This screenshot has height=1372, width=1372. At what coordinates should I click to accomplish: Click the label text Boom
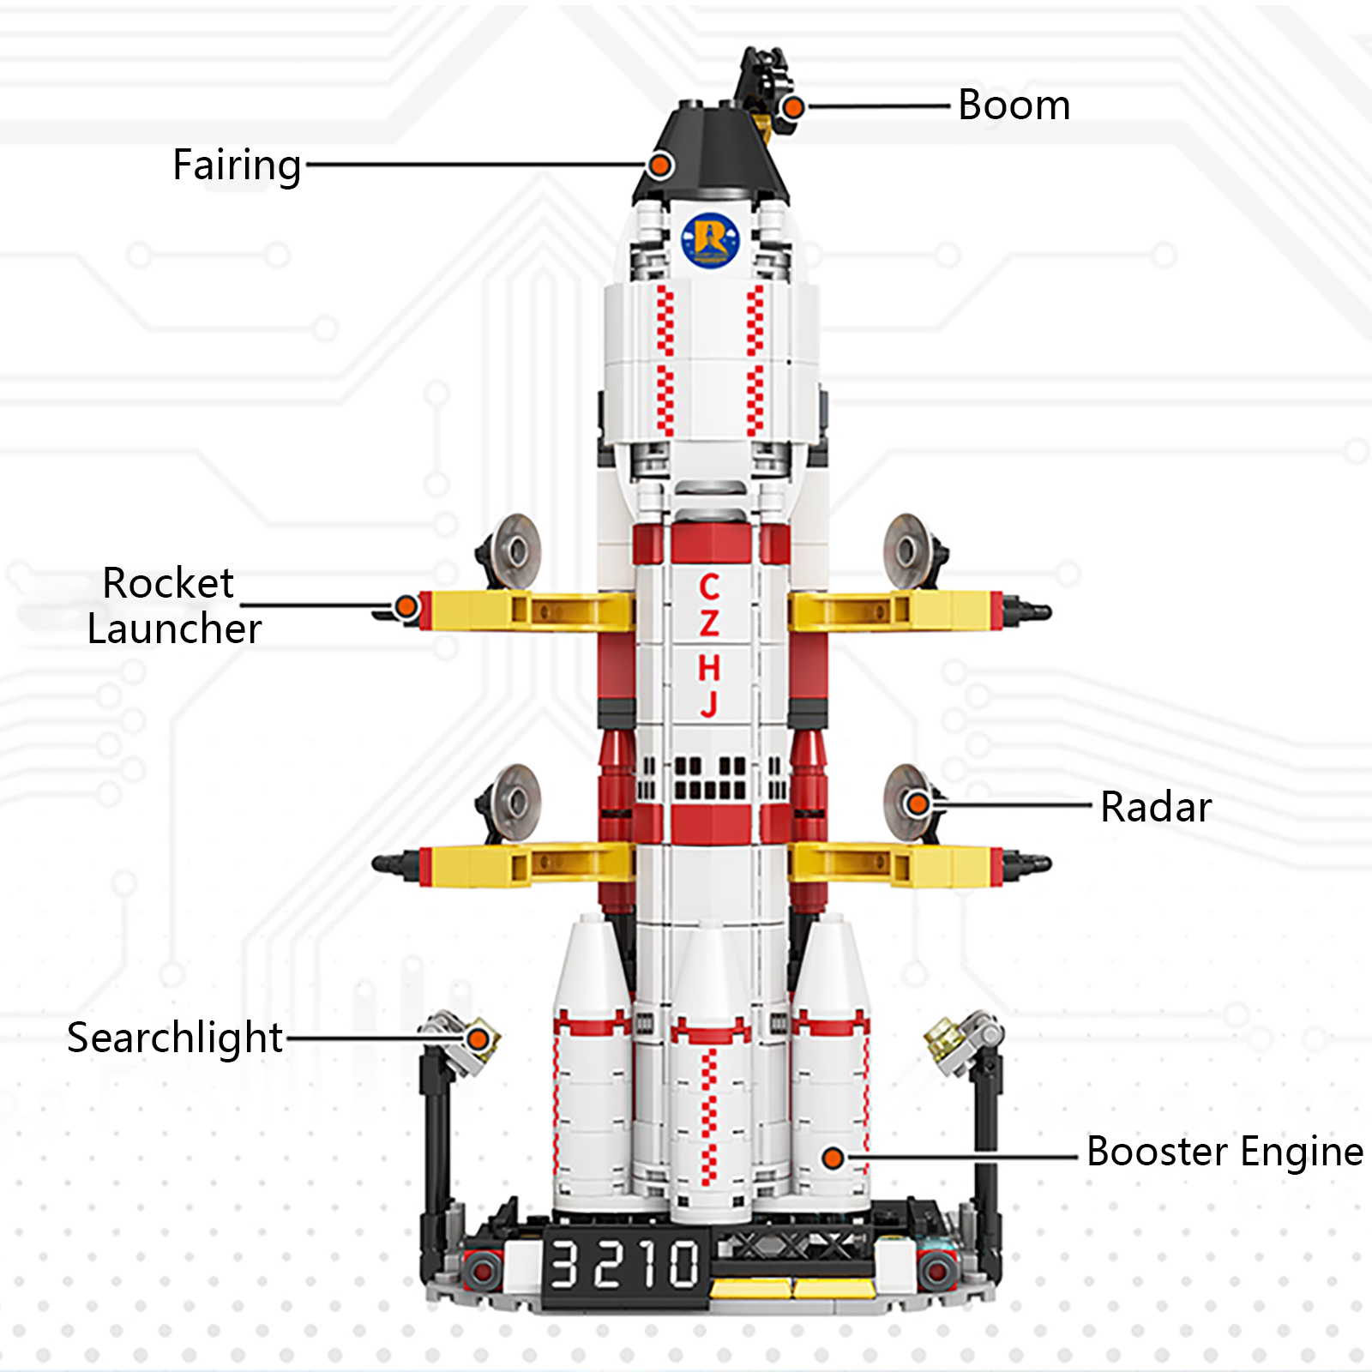(x=1014, y=105)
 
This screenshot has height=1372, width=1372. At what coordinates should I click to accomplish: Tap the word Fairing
(x=237, y=165)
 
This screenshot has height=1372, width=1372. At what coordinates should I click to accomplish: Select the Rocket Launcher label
(x=174, y=605)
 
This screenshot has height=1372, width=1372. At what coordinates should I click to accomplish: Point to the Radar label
(x=1156, y=807)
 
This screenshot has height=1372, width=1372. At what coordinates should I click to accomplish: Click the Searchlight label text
(x=175, y=1038)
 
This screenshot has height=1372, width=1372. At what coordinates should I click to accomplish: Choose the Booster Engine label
(x=1225, y=1152)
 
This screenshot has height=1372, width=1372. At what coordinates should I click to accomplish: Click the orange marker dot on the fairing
(x=659, y=165)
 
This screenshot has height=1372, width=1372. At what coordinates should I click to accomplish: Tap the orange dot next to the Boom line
(x=793, y=107)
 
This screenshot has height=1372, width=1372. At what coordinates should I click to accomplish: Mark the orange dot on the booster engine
(x=833, y=1158)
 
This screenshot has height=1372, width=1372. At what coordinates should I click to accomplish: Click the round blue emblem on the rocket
(x=710, y=239)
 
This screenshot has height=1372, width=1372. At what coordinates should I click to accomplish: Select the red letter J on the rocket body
(x=709, y=703)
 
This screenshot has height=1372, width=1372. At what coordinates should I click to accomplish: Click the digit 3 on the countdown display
(x=563, y=1265)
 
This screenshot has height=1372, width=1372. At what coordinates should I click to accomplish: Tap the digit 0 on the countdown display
(x=683, y=1265)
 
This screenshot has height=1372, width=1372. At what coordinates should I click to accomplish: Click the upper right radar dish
(x=908, y=551)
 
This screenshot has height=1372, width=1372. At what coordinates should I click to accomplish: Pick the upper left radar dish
(x=513, y=551)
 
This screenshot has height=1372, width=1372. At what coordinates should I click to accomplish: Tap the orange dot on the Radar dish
(x=918, y=804)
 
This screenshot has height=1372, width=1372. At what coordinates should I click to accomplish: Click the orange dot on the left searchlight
(x=478, y=1039)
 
